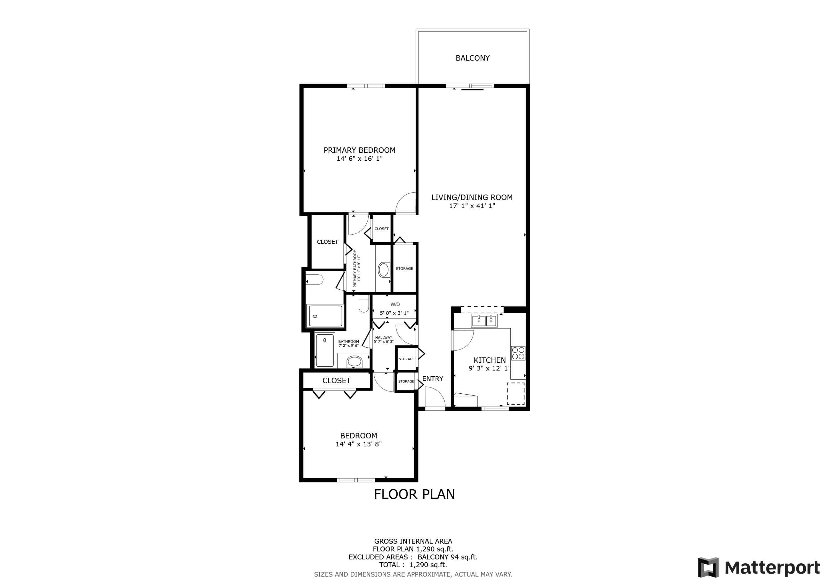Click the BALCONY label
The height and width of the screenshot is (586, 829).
tap(472, 58)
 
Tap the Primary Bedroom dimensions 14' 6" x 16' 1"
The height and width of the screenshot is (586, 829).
tap(359, 159)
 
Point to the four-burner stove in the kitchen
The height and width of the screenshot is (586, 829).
tap(518, 353)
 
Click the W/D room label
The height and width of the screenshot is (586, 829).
tap(395, 304)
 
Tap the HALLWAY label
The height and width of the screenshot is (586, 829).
tap(384, 338)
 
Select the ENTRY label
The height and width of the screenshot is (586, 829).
tap(432, 379)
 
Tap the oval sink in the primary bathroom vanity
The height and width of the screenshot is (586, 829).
tap(384, 270)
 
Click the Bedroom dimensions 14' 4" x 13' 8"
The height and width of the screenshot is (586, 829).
tap(358, 444)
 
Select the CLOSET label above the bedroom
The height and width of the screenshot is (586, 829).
tap(336, 380)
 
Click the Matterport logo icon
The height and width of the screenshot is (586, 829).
tap(708, 567)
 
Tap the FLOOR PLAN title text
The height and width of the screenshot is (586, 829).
tap(414, 494)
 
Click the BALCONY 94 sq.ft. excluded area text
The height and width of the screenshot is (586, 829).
tap(447, 557)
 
